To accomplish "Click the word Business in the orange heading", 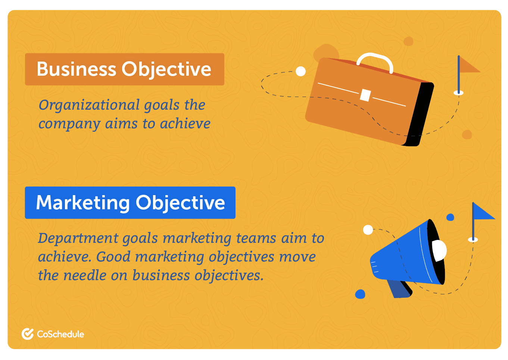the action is coord(77,69).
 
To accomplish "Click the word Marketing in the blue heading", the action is coord(83,203).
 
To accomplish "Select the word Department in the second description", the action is coord(78,238).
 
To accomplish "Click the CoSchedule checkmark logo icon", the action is coord(28,334).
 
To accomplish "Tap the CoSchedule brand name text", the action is coord(60,334).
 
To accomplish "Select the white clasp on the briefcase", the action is coord(365,95).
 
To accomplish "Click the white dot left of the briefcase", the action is coord(301,71).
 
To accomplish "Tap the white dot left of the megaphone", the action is coord(368,230).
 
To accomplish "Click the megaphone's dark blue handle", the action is coord(399,289).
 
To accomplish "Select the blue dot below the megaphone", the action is coord(360,294).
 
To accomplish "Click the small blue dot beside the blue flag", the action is coord(450,217).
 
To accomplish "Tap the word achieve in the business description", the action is coord(185,124).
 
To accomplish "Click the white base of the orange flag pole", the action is coord(458,93).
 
